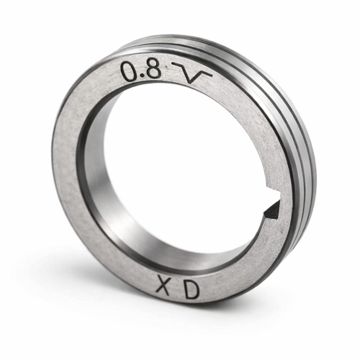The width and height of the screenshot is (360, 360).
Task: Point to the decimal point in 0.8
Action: [143, 76]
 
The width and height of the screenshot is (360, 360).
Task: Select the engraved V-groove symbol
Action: [192, 73]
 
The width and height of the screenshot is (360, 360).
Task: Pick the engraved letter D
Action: [192, 291]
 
